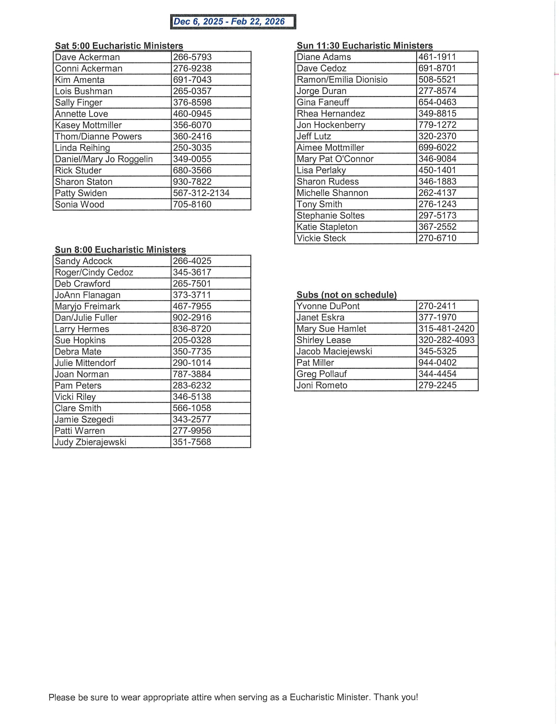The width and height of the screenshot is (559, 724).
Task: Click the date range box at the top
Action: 233,22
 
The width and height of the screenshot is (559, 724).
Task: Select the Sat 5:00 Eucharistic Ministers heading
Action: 119,46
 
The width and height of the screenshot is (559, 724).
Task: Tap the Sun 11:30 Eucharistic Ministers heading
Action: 365,46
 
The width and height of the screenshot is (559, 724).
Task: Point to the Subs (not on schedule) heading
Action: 346,295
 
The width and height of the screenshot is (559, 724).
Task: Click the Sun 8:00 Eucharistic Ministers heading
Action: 120,250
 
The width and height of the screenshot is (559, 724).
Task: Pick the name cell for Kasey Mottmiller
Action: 88,125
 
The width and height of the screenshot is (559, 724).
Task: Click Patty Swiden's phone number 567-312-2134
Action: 201,193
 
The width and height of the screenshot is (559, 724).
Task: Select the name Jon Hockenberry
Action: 331,125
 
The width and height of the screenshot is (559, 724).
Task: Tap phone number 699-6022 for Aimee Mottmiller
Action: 437,148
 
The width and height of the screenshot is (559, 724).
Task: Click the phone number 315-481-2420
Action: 446,329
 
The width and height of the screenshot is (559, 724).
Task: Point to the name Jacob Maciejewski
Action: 334,351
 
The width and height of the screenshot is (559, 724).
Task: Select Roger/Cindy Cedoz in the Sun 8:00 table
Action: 94,273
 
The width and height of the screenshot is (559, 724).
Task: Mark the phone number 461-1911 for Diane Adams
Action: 437,57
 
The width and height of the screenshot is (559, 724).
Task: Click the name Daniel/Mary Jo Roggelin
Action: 104,159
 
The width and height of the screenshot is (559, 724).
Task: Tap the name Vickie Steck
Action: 321,238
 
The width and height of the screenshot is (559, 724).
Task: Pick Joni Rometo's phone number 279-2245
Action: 437,385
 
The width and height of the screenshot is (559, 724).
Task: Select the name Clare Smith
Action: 78,408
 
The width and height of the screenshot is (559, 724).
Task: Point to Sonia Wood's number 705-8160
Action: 192,204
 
